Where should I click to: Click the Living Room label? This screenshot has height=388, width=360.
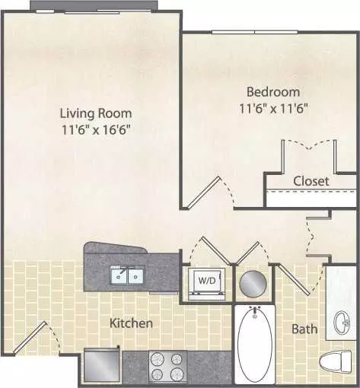pyautogui.click(x=96, y=113)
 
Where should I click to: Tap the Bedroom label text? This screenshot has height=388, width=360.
pyautogui.click(x=273, y=92)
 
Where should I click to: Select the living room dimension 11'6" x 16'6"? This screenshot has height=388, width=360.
pyautogui.click(x=96, y=130)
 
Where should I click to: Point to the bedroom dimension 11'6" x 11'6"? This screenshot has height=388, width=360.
pyautogui.click(x=273, y=109)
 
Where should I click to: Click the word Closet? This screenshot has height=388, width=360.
pyautogui.click(x=311, y=181)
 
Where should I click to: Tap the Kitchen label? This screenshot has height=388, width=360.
pyautogui.click(x=131, y=323)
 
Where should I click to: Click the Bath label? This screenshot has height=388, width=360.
pyautogui.click(x=304, y=329)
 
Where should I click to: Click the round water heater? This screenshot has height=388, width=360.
pyautogui.click(x=253, y=283)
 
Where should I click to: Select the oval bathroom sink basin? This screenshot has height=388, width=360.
pyautogui.click(x=342, y=323)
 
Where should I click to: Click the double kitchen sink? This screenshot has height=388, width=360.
pyautogui.click(x=128, y=275)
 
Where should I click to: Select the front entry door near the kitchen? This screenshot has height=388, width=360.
pyautogui.click(x=30, y=337)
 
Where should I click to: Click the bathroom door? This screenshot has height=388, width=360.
pyautogui.click(x=294, y=279)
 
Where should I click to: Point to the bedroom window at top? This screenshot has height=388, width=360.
pyautogui.click(x=254, y=32)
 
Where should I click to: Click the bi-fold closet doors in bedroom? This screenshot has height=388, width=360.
pyautogui.click(x=309, y=144)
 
